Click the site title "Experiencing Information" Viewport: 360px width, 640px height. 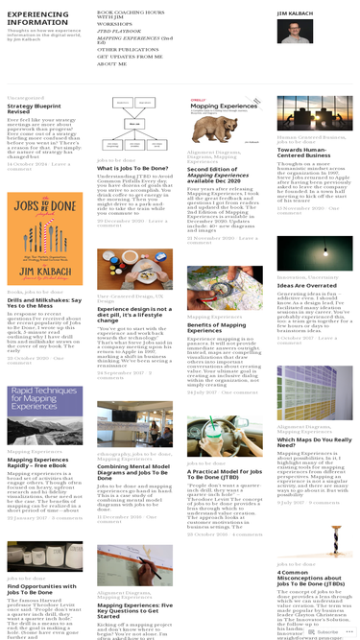pos(37,18)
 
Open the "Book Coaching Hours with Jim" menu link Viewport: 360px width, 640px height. pos(130,14)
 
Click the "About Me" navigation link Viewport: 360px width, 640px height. pos(111,63)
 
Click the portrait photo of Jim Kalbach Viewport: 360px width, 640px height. pos(295,32)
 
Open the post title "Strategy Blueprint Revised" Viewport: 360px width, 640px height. pos(34,108)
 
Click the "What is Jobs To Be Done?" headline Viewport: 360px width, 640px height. pos(133,168)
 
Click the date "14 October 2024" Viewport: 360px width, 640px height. pos(22,164)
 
